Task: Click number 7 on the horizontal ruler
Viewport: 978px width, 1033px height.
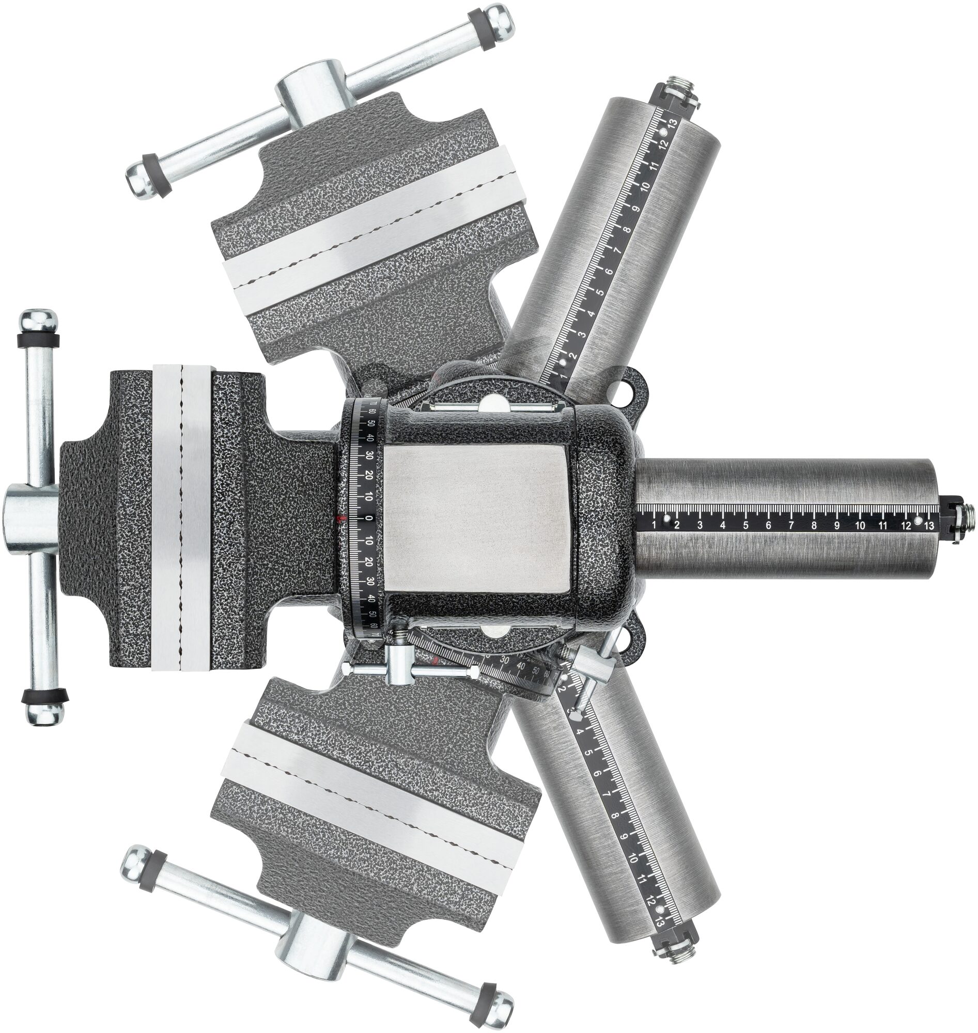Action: point(791,525)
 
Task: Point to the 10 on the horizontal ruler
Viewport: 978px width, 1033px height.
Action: point(860,525)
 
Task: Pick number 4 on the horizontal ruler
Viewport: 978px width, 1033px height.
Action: point(723,525)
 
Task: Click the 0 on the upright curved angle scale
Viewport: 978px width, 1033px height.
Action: point(368,518)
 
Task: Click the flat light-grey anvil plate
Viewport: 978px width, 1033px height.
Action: point(475,519)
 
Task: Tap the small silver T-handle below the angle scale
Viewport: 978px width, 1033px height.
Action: point(398,668)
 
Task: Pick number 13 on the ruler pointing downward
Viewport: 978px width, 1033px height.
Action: point(660,922)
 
